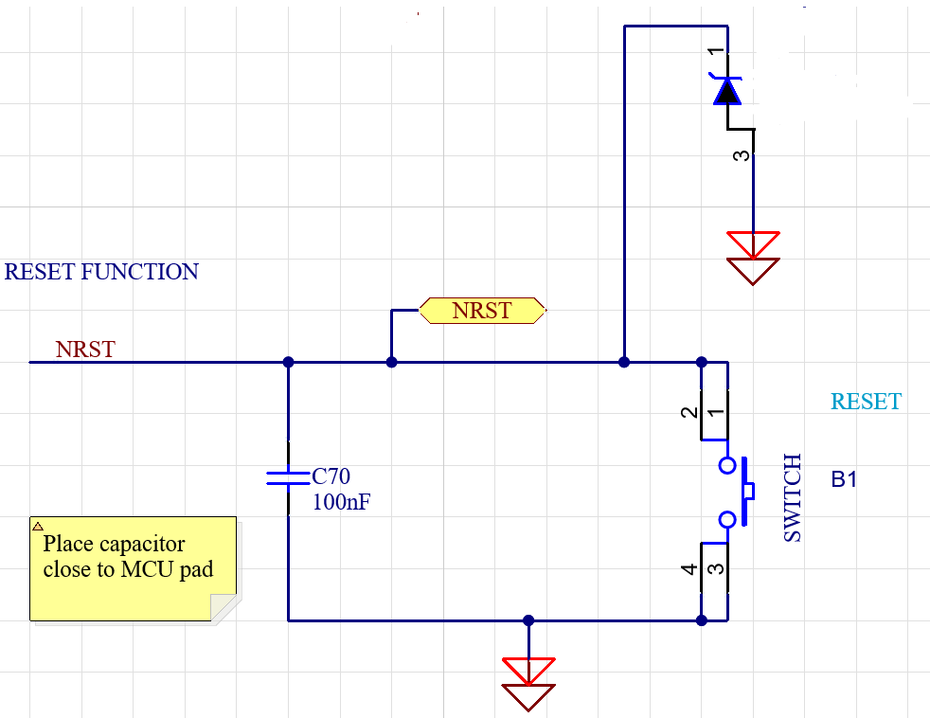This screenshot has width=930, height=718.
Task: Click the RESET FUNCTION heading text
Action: coord(101,272)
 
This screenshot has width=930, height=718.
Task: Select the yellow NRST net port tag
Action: coord(482,311)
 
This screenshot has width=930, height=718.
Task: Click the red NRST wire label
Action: coord(85,350)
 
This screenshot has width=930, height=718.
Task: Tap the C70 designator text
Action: coord(331,476)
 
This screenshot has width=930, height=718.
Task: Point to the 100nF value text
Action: coord(341,502)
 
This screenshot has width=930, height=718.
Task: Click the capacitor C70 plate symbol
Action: coord(288,477)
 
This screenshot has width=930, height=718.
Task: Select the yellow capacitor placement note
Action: coord(133,568)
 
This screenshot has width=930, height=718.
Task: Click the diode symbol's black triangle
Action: coord(727,91)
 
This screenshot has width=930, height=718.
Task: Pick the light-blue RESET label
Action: coord(866,402)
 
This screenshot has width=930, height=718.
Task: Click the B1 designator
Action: coord(844,479)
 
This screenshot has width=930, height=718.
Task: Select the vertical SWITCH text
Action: coord(793,497)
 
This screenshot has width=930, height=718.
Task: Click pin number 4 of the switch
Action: coord(690,569)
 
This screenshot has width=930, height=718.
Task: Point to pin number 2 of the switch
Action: coord(690,412)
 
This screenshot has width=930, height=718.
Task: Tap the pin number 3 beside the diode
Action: coord(743,155)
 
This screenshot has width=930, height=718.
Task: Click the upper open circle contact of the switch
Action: coord(727,465)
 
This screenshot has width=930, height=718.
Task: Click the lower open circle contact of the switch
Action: coord(727,519)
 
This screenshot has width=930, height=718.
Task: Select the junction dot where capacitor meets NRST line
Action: coord(288,362)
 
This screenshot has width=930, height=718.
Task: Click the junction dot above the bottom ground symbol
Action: coord(528,620)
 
